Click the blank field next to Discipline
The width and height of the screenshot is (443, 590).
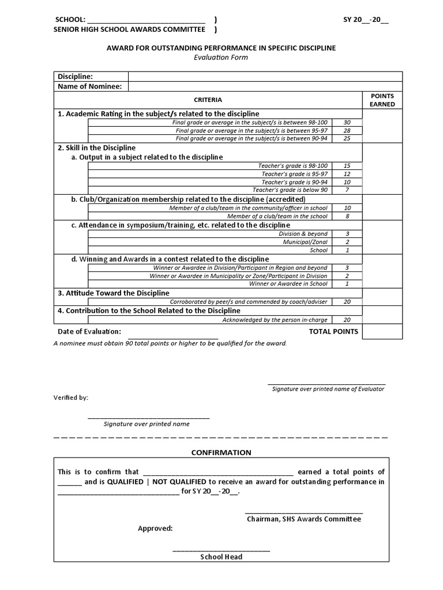point(265,77)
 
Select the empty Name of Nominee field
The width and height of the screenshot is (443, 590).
point(265,87)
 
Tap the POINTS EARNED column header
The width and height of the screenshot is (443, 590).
point(382,100)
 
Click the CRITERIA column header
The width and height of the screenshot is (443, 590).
point(208,100)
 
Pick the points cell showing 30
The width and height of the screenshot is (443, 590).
point(347,123)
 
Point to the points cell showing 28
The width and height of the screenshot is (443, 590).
point(347,131)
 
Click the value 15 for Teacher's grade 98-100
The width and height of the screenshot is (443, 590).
point(347,166)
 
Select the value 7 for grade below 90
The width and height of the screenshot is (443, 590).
point(347,190)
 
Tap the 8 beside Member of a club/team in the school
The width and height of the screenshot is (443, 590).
point(347,217)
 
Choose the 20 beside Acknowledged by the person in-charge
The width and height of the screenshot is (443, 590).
point(347,320)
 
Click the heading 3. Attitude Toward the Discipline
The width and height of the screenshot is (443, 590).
point(114,293)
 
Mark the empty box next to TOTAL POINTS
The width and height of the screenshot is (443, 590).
point(382,332)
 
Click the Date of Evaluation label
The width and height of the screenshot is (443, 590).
point(89,331)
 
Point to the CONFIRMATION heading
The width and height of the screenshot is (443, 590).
point(221,452)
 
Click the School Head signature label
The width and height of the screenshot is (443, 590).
point(221,557)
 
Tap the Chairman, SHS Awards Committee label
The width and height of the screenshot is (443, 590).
point(304,519)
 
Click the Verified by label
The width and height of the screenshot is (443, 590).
point(71,398)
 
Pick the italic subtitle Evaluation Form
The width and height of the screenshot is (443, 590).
point(221,58)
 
